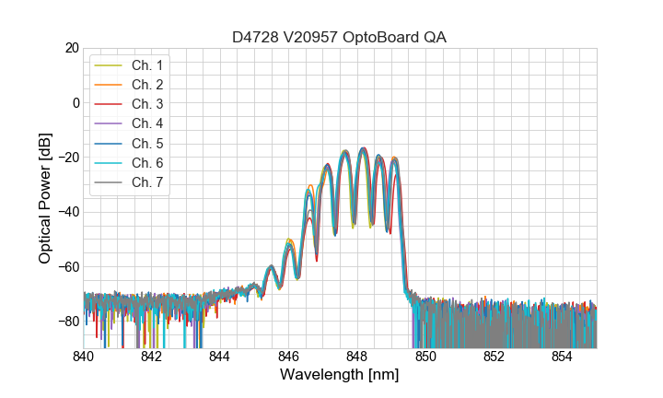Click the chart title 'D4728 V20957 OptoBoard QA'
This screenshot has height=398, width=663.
[x=340, y=37]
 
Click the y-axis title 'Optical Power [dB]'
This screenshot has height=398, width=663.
[x=45, y=198]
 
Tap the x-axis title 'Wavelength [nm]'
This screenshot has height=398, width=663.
[x=340, y=376]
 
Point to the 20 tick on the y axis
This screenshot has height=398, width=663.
[x=71, y=48]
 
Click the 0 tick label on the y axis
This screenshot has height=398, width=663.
[x=75, y=102]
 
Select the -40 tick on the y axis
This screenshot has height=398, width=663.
[x=67, y=212]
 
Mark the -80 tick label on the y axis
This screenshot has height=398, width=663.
[x=67, y=322]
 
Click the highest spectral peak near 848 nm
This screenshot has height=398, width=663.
[x=363, y=148]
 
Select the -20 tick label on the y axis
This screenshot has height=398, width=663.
[x=67, y=158]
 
